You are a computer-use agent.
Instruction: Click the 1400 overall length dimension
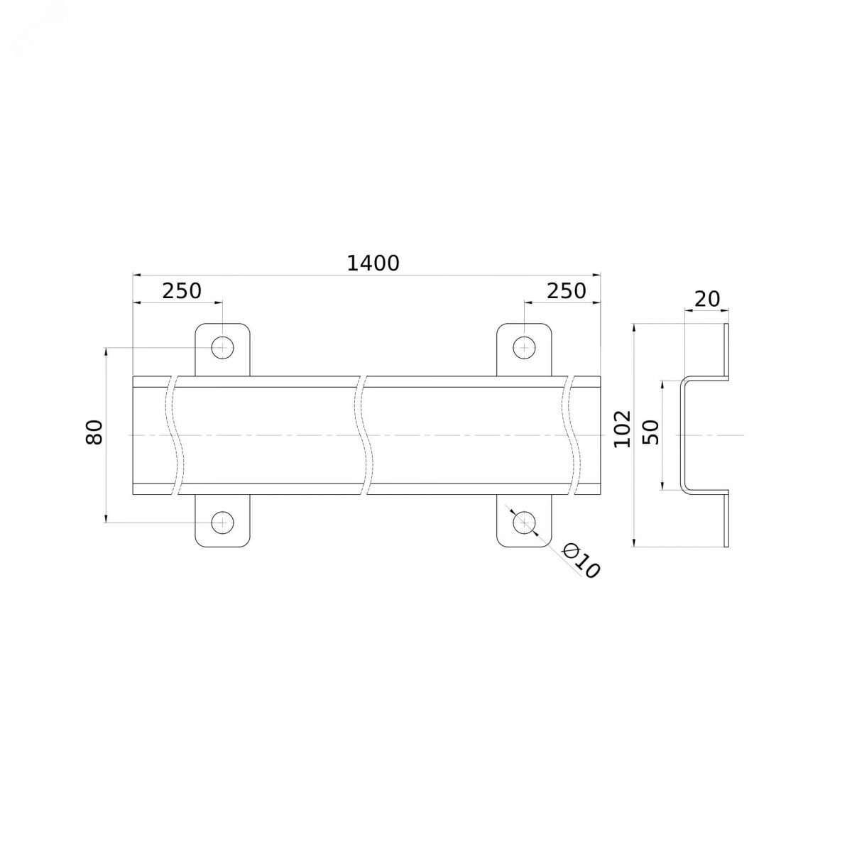373,263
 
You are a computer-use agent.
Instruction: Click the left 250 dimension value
182,291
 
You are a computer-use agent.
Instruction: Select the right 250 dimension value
567,291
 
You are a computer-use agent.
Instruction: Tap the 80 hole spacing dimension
94,432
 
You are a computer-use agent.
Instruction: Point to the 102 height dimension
623,429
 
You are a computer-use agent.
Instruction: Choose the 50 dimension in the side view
650,432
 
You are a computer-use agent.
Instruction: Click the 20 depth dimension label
707,300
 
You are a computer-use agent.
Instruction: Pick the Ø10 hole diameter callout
581,561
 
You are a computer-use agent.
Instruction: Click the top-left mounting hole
222,348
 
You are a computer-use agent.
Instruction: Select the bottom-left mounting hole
222,522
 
